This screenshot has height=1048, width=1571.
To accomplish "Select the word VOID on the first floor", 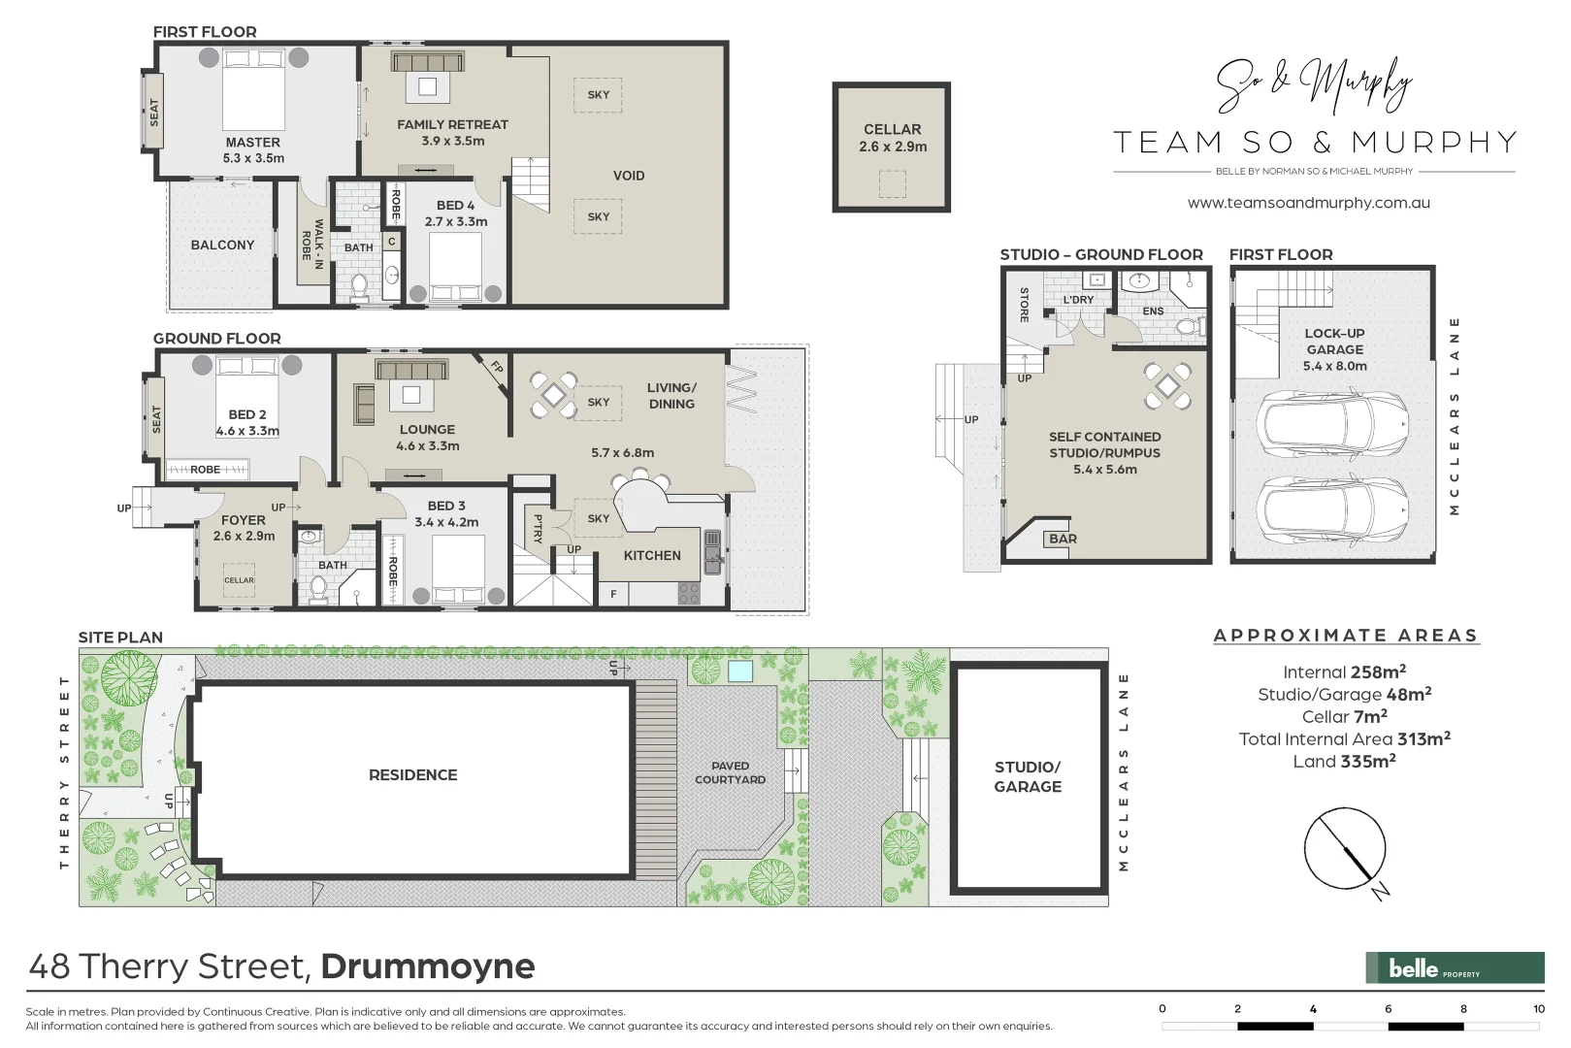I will (x=629, y=176).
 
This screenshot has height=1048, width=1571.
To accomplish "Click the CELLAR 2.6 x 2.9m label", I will (x=892, y=138).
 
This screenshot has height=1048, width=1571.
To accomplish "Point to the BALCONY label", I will (x=222, y=246).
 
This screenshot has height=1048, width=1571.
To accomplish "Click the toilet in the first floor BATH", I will (x=359, y=285).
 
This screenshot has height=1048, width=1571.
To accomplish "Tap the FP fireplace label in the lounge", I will (x=496, y=368).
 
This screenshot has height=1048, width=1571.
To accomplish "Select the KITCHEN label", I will (x=652, y=556).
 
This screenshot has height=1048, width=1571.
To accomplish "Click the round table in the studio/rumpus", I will (x=1167, y=385).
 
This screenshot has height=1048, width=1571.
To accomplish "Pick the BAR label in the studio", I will (x=1063, y=539).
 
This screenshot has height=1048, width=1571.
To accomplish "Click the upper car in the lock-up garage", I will (x=1331, y=424).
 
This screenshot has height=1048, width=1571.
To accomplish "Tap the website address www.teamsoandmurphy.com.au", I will (x=1308, y=204).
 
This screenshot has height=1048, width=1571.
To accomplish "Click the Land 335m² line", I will (x=1344, y=762).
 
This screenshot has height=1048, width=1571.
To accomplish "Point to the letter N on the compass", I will (x=1381, y=891).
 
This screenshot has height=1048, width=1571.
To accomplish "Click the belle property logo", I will (x=1454, y=967).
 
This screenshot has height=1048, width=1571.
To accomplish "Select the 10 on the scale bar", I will (x=1538, y=1009).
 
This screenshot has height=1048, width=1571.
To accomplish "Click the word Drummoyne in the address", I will (x=428, y=966).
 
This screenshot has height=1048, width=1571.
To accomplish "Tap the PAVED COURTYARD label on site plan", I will (x=730, y=772).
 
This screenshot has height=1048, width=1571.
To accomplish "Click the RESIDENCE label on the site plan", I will (x=412, y=775).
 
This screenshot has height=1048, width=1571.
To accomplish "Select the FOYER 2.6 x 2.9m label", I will (x=244, y=528).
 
